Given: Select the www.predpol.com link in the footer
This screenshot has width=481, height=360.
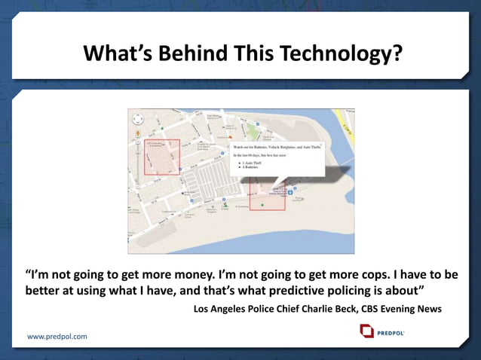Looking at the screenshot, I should click(57, 336).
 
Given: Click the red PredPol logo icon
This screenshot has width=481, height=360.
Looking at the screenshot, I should click(366, 331).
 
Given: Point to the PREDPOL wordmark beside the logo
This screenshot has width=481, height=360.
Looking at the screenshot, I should click(391, 331).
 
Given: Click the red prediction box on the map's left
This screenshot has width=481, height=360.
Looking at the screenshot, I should click(162, 157).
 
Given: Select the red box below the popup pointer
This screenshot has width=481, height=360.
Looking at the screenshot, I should click(267, 195).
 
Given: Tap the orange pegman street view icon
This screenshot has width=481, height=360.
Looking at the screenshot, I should click(137, 133).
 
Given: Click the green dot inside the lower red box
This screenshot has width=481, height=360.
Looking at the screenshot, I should click(262, 204).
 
